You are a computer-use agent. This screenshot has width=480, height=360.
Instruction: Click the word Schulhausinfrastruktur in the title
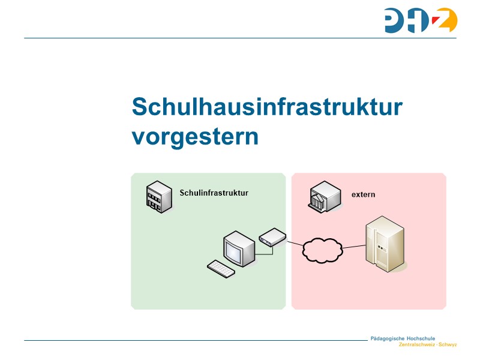[267, 107]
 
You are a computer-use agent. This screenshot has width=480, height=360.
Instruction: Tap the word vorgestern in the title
[195, 136]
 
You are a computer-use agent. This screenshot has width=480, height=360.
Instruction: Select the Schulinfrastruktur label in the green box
[214, 193]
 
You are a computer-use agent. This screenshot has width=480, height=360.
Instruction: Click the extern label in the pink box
[363, 194]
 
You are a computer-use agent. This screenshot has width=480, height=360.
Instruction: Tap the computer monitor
[238, 249]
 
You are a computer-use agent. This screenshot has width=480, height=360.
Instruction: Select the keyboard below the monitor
[221, 269]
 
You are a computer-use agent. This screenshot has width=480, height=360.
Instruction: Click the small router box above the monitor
[272, 236]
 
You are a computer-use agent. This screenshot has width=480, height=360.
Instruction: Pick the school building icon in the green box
[157, 196]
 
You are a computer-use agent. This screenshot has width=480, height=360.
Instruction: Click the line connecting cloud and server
[354, 247]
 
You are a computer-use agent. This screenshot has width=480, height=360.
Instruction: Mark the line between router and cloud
[295, 243]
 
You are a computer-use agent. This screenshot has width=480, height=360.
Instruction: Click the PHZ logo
[421, 20]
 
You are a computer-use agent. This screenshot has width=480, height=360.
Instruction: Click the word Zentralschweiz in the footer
[417, 345]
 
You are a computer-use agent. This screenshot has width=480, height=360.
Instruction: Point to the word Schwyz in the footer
[448, 345]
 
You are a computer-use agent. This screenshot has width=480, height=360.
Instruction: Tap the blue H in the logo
[421, 20]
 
